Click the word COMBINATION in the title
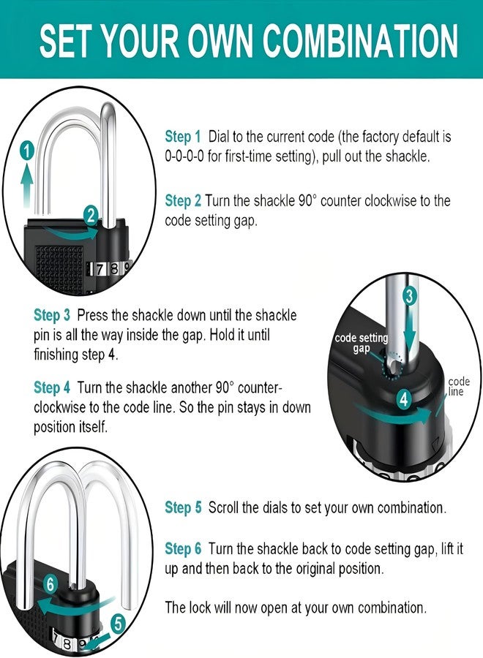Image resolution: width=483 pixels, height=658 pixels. click(360, 41)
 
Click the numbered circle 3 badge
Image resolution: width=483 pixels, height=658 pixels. click(410, 296)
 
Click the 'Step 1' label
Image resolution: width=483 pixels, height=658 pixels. click(183, 137)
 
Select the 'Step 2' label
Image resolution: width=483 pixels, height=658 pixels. click(183, 201)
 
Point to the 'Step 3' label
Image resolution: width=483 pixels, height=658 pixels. click(52, 315)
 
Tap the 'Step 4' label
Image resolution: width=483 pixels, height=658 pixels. click(52, 387)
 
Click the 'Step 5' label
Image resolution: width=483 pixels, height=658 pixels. click(183, 508)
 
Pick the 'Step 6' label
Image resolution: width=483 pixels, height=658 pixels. click(183, 549)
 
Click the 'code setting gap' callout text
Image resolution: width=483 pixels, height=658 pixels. click(362, 344)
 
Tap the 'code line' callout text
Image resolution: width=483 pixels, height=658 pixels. click(458, 387)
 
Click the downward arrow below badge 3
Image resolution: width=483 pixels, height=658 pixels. click(410, 330)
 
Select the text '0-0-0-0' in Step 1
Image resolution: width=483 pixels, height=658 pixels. click(184, 157)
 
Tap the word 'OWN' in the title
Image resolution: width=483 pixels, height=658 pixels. click(220, 41)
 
